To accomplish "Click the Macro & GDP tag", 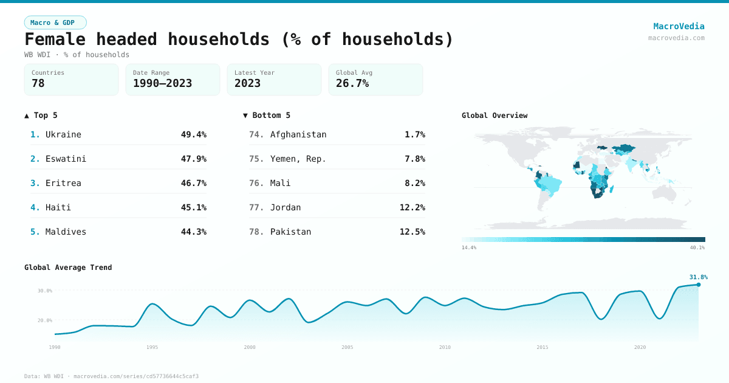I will tap(55, 22).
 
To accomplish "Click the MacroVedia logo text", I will tap(679, 26).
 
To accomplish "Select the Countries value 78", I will tap(38, 83).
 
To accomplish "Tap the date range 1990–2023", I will tap(162, 83).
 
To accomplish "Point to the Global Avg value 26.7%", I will tap(352, 83).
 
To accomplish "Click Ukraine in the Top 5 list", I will tap(63, 134).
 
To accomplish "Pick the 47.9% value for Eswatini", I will tap(193, 159).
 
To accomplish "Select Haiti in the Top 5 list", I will tap(58, 207).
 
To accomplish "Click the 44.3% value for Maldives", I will tap(193, 232).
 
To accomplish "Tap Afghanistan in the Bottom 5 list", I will tap(298, 134).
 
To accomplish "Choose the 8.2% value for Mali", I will tap(414, 183).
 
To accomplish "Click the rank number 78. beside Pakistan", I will tap(256, 232).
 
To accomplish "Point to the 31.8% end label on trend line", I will tap(698, 277).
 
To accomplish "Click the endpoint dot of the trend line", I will tap(698, 285).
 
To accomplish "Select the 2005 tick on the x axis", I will tap(347, 347).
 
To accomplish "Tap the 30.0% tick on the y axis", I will tap(45, 291).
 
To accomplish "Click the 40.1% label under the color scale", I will tap(697, 247).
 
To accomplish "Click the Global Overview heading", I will tap(495, 116).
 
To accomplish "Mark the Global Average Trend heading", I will tap(68, 267).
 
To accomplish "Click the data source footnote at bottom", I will tap(111, 376).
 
